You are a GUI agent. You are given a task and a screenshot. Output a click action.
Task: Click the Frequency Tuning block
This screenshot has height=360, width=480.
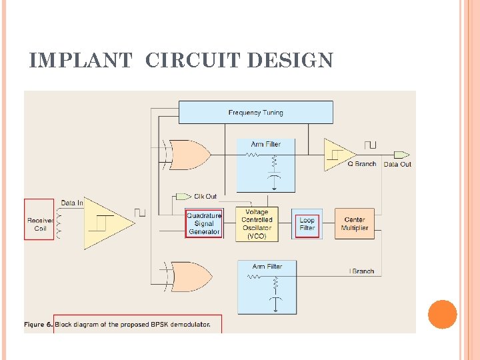255,112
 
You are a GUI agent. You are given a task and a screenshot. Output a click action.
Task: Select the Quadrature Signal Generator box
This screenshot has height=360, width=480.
204,224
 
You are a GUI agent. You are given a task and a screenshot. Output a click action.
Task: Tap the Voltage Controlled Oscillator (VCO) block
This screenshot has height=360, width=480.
257,224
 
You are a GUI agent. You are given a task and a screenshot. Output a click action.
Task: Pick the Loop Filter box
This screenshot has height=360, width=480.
307,224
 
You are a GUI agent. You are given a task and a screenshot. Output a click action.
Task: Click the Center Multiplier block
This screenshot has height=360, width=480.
355,224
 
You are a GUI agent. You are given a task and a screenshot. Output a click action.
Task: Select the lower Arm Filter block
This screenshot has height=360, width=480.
267,287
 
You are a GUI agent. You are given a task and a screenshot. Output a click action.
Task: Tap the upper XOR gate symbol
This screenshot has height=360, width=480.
189,155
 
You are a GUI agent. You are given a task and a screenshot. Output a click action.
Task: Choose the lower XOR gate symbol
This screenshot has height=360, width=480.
189,276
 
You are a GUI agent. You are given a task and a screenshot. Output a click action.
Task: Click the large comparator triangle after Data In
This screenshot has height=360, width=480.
107,223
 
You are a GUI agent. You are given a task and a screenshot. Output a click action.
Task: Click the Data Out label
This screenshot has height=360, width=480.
397,164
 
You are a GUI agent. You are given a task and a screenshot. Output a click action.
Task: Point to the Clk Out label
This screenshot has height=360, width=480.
205,197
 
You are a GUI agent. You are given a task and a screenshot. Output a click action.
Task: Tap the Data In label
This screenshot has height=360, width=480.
72,203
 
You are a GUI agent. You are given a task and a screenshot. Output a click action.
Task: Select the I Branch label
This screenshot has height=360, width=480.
362,271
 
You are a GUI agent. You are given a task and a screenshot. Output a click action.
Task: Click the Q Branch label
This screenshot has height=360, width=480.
362,164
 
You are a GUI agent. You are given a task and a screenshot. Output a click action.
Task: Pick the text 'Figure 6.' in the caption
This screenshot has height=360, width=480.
39,325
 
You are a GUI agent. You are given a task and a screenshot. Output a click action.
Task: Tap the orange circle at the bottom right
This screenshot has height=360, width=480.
442,315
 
